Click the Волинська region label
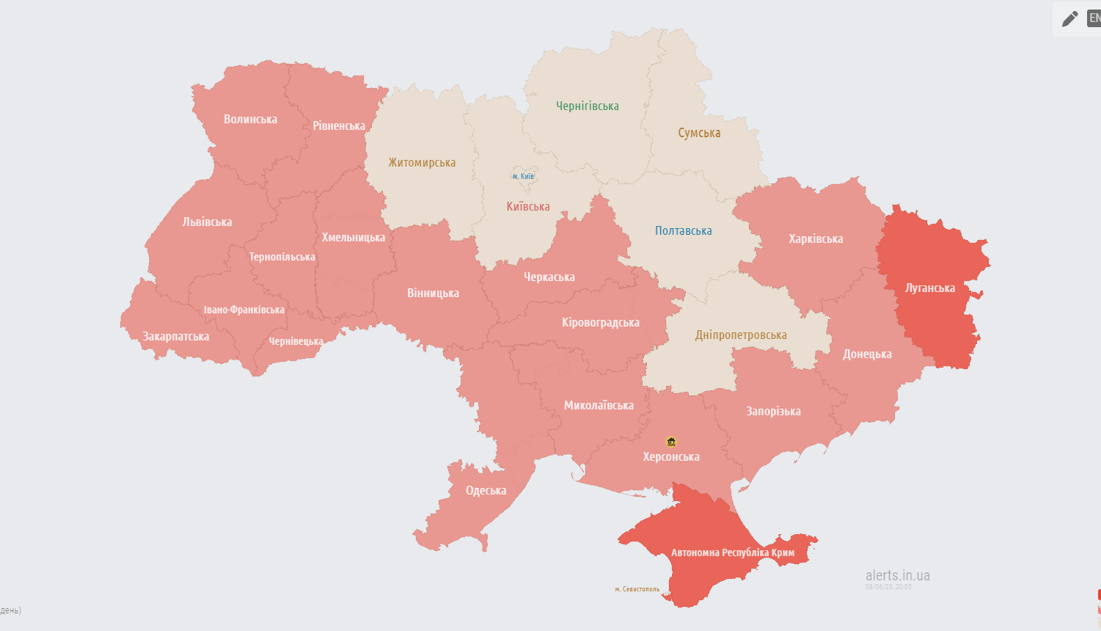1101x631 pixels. pos(250,119)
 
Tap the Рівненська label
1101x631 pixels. pos(338,125)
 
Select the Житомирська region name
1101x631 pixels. pos(422,162)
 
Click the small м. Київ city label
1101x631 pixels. pos(523,176)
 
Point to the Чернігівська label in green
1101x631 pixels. pos(587,106)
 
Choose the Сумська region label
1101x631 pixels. pos(698,133)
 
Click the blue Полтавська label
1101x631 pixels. pos(683,230)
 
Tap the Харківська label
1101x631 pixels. pos(815,238)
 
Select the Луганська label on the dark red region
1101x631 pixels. pos(929,288)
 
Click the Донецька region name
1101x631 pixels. pos(866,354)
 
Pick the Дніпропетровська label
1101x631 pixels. pos(740,335)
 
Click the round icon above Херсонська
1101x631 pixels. pos(670,442)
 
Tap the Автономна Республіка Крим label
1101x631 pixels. pos(732,552)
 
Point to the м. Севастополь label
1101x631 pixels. pos(637,589)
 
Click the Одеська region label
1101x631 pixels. pos(486,490)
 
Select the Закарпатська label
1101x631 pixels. pos(175,336)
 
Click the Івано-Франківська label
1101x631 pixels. pos(244,310)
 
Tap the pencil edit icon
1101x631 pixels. pos(1069,18)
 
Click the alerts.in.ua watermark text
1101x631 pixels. pos(897,575)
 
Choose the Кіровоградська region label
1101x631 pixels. pos(600,322)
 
